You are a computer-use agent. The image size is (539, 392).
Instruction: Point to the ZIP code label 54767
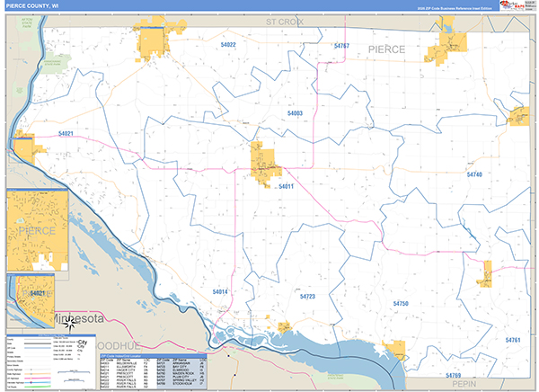point(341,45)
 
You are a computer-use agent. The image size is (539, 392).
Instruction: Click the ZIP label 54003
point(295,113)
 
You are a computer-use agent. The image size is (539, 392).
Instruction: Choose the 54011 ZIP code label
point(286,186)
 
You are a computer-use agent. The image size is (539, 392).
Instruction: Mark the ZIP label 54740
point(474,174)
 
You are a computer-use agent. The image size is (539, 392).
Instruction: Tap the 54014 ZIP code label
point(221,292)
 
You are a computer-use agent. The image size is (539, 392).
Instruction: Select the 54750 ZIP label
point(401,305)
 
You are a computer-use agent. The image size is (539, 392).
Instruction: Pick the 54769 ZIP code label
point(453,374)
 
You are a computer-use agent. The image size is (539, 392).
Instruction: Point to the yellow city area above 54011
point(266,163)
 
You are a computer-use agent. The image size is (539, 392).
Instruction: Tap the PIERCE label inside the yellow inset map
point(37,231)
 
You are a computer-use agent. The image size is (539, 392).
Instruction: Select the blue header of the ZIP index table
point(152,357)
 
